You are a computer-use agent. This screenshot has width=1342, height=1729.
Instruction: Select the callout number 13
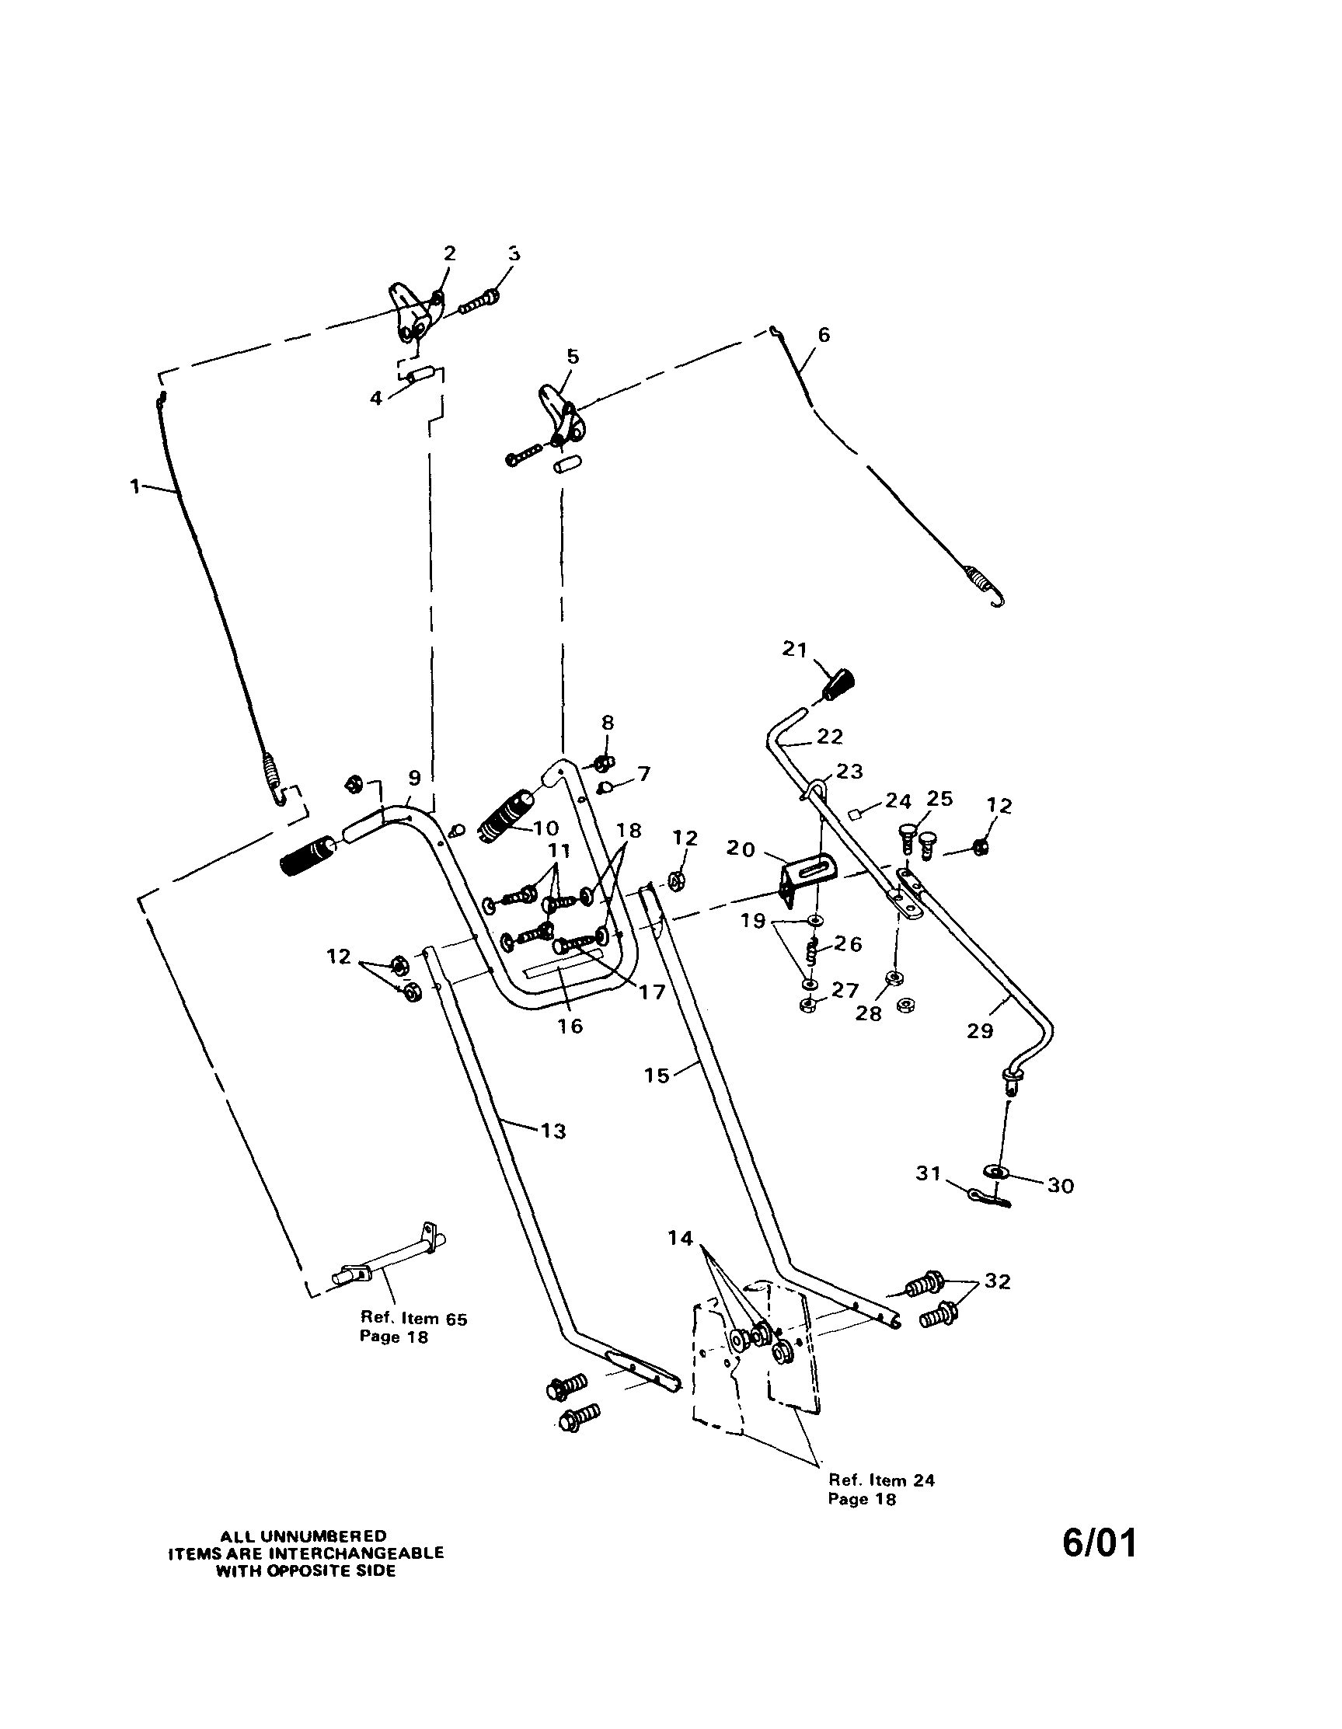pos(553,1131)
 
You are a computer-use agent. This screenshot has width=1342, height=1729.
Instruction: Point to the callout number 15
pos(657,1075)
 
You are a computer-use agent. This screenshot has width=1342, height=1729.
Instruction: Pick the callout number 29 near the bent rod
pos(980,1030)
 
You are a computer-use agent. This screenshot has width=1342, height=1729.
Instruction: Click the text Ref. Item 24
pos(881,1480)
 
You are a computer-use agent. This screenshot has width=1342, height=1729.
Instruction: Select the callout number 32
pos(996,1281)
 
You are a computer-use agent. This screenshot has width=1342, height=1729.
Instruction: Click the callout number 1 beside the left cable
pos(135,486)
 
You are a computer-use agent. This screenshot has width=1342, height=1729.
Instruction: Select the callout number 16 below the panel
pos(570,1026)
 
